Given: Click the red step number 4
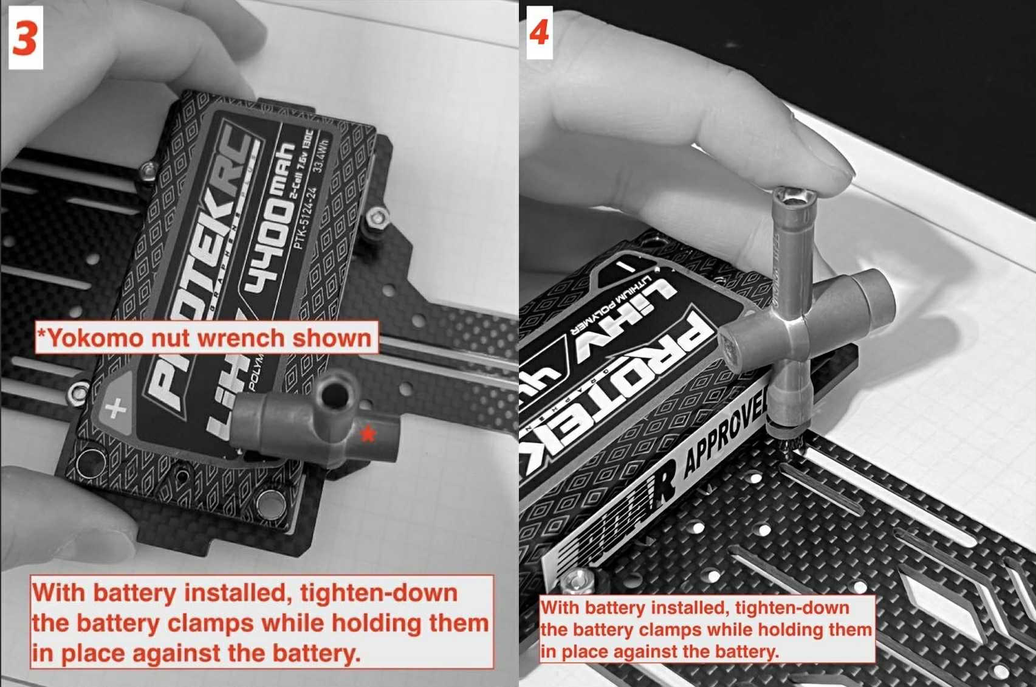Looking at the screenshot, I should click(x=539, y=32).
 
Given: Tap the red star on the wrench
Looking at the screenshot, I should click(x=368, y=433).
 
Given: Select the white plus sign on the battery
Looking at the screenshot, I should click(x=115, y=408).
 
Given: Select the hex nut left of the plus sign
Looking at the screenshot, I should click(x=78, y=393).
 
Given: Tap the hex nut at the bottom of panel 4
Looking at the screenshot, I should click(x=575, y=582).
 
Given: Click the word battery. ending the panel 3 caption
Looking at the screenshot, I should click(x=316, y=654).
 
